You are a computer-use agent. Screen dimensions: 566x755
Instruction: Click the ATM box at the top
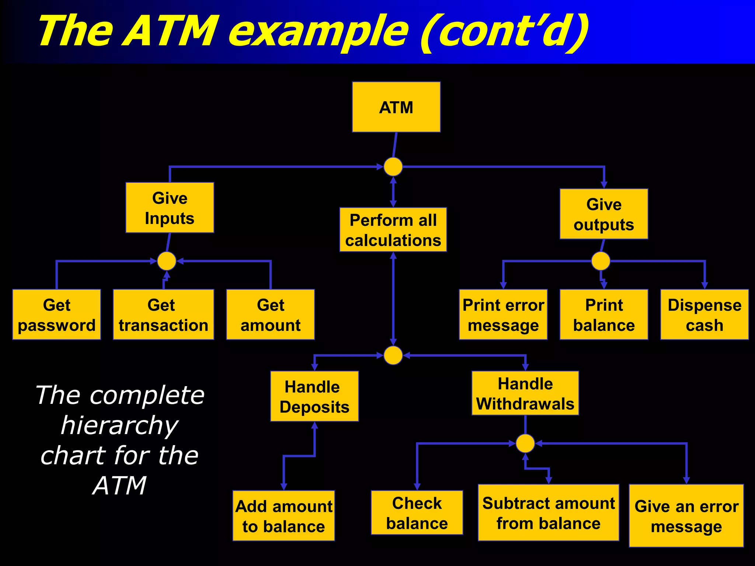click(x=396, y=107)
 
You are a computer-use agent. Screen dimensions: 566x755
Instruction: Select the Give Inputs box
click(x=170, y=208)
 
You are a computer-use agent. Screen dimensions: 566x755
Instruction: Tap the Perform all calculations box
click(x=393, y=230)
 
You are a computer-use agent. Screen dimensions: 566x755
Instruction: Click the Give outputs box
click(x=603, y=214)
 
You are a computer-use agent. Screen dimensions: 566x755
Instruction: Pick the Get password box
click(x=56, y=314)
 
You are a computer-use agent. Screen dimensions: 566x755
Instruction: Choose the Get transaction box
click(x=163, y=314)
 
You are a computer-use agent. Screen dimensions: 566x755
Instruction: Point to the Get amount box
click(x=270, y=314)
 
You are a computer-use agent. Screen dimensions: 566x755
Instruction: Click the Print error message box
click(x=503, y=314)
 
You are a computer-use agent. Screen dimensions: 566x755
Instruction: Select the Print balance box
click(x=603, y=314)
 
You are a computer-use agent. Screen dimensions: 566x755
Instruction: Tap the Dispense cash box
click(x=704, y=314)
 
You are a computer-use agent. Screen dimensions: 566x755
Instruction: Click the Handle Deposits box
click(x=314, y=396)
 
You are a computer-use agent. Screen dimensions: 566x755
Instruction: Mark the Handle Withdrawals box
click(x=525, y=393)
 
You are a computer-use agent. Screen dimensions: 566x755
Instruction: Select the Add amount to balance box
click(x=283, y=516)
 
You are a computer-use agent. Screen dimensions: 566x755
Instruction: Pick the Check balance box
click(x=417, y=513)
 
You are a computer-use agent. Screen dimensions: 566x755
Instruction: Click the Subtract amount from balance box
click(x=548, y=513)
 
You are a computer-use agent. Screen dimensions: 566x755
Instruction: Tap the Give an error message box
click(x=686, y=516)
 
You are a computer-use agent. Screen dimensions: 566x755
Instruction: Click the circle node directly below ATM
click(x=393, y=167)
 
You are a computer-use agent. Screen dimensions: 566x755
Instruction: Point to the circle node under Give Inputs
click(x=167, y=261)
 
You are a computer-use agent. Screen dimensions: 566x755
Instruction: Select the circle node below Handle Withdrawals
click(x=525, y=443)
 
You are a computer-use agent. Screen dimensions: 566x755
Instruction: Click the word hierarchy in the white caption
click(x=119, y=426)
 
